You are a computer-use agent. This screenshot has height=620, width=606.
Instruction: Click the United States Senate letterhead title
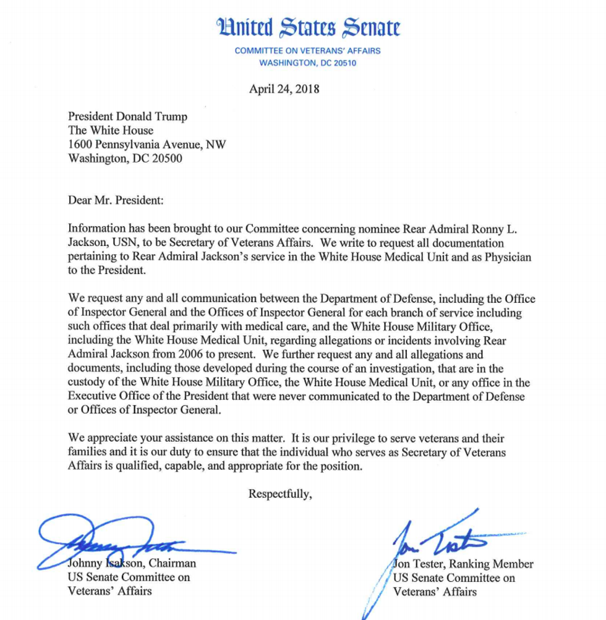pyautogui.click(x=307, y=28)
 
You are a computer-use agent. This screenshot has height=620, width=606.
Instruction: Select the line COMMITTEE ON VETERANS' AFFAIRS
pyautogui.click(x=307, y=51)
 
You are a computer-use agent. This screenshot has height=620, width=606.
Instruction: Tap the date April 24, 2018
pyautogui.click(x=284, y=88)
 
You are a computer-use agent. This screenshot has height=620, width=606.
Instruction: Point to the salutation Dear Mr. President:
pyautogui.click(x=117, y=200)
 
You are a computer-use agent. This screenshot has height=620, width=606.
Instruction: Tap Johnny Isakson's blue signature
pyautogui.click(x=124, y=541)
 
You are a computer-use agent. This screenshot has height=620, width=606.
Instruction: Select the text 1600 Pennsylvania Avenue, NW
pyautogui.click(x=147, y=144)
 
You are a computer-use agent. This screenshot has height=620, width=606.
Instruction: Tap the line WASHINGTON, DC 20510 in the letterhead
pyautogui.click(x=307, y=63)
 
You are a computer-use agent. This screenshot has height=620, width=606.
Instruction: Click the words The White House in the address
pyautogui.click(x=111, y=130)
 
